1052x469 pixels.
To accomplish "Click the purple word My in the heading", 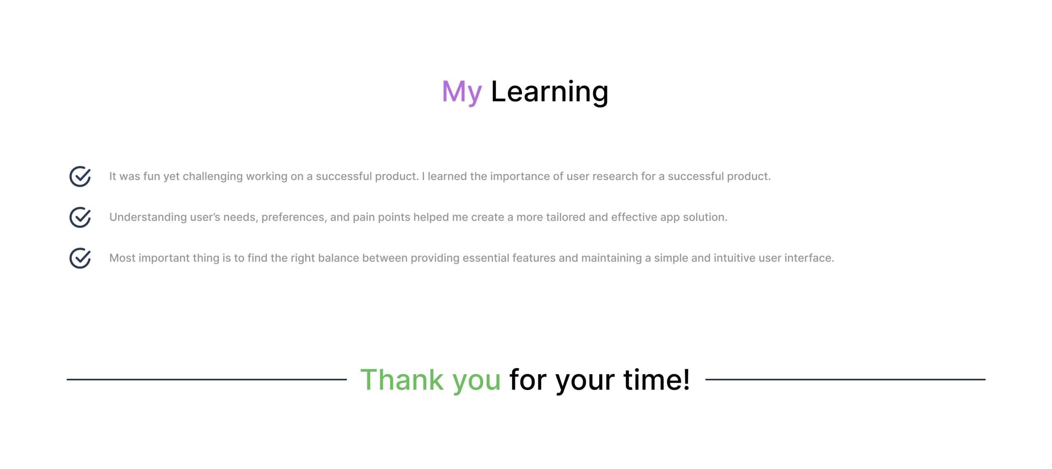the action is (x=461, y=92).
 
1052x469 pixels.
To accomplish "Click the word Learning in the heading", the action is (x=549, y=92).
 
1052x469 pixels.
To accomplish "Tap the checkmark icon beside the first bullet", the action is (x=80, y=176).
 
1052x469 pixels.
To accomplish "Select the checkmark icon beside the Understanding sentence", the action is (x=80, y=217).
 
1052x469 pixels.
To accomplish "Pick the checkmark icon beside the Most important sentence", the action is (x=80, y=258).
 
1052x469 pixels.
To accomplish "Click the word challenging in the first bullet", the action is (x=212, y=176).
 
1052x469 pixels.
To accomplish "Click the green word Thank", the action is (x=402, y=380).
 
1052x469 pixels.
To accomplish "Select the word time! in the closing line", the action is (x=657, y=380).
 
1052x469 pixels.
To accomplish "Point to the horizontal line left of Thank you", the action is (x=207, y=380).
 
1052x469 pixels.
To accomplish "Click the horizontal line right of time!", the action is (x=845, y=380).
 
